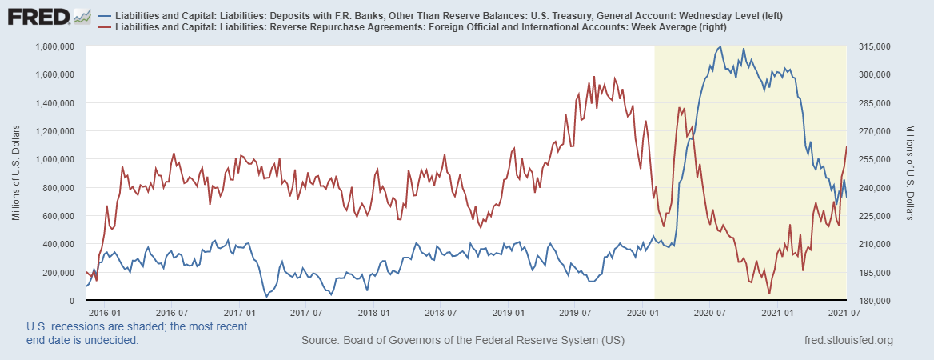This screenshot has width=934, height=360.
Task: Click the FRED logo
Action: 38,16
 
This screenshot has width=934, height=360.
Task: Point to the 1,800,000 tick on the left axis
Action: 54,46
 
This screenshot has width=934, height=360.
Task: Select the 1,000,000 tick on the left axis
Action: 54,159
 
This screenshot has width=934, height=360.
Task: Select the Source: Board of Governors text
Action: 462,341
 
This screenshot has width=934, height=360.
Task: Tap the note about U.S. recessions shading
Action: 136,333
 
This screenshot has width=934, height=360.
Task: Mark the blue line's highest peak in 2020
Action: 720,46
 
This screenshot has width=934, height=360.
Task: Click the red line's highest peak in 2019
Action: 594,77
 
